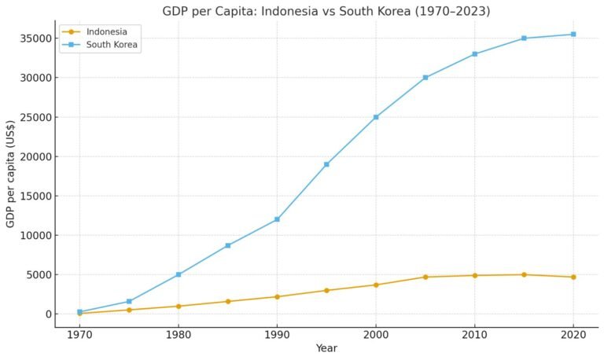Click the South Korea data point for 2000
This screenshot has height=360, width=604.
point(376,117)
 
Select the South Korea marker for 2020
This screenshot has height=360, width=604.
point(573,34)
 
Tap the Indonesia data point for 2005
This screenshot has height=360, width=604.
point(425,277)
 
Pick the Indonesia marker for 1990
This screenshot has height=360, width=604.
point(277,296)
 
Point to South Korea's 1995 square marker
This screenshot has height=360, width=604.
point(326,164)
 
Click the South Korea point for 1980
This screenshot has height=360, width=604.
point(179,274)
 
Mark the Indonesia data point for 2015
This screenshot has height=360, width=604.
point(524,274)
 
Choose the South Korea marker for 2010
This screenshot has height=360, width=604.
point(475,54)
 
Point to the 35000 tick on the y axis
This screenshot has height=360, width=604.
point(35,39)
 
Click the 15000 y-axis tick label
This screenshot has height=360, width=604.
point(35,196)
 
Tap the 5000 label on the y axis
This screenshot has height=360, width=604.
point(38,274)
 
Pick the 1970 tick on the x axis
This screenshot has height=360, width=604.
point(79,332)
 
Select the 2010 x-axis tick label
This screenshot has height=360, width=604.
point(475,332)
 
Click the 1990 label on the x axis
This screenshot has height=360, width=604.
point(277,332)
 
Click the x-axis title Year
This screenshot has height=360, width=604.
point(326,347)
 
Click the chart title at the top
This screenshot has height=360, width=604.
point(326,11)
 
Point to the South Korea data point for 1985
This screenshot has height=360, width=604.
point(228,245)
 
